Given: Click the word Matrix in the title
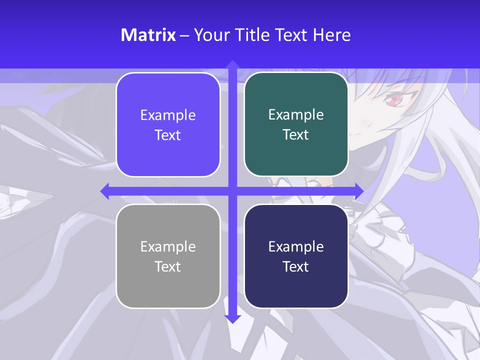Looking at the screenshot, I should (148, 35).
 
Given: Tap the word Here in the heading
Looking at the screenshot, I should (331, 35).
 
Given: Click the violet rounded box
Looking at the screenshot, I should (168, 125).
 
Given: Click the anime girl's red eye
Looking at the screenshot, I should (393, 100).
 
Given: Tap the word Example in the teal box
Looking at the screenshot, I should (296, 115).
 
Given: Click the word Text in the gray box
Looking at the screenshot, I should (167, 266).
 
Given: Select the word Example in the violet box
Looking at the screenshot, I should (168, 115).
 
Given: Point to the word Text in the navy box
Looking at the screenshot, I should (296, 266).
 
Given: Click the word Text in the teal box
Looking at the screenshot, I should (296, 135).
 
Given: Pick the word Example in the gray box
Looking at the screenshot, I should (168, 246).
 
